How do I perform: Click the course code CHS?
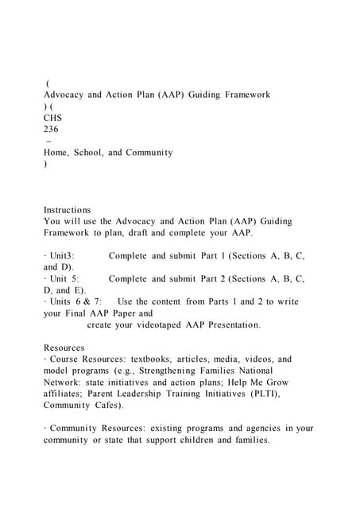(x=52, y=117)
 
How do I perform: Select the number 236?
(x=51, y=128)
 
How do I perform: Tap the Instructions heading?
(x=67, y=210)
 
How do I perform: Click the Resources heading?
(x=64, y=348)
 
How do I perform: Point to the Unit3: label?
(x=62, y=256)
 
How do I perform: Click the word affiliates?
(x=66, y=394)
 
